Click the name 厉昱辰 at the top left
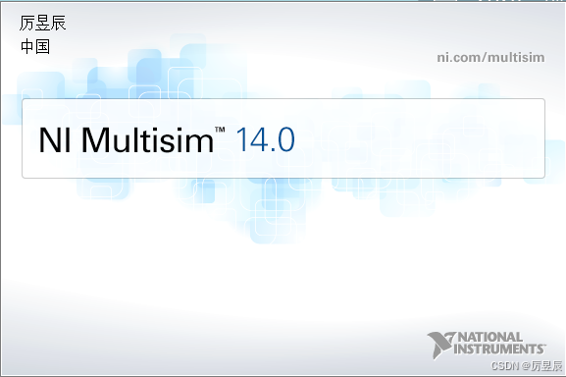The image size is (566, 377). [43, 24]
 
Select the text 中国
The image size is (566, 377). [34, 46]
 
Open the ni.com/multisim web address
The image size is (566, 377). [489, 57]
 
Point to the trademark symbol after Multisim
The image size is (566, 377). [220, 131]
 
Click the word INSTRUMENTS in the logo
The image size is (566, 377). [500, 349]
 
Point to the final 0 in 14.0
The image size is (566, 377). [283, 139]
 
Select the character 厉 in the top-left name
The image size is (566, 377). [27, 24]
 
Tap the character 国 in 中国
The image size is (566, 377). [42, 46]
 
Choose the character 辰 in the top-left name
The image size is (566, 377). [59, 24]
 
